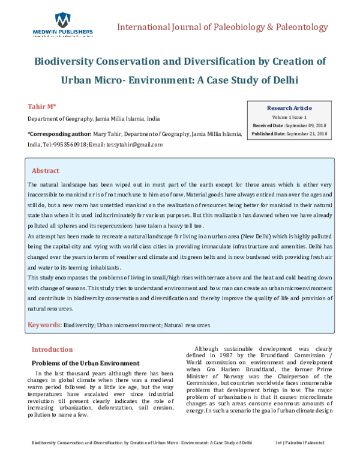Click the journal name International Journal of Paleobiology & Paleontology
(x=223, y=28)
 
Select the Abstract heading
(x=45, y=171)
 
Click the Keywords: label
(x=44, y=325)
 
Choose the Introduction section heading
(x=52, y=349)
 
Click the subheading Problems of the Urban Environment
(x=85, y=363)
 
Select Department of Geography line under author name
(x=94, y=119)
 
